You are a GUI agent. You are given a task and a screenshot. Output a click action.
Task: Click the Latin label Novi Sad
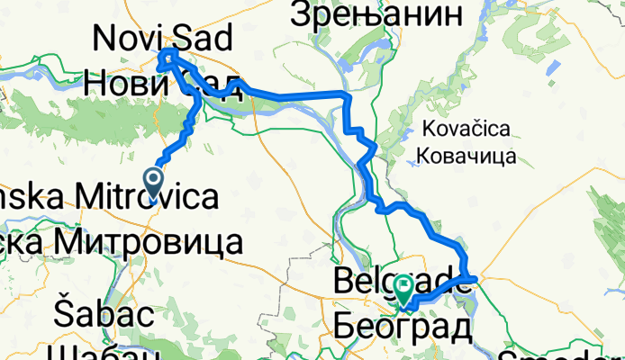[163, 38]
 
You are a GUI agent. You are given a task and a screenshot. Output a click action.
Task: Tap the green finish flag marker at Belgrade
[403, 290]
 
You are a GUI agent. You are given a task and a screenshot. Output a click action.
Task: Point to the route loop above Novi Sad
[168, 59]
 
